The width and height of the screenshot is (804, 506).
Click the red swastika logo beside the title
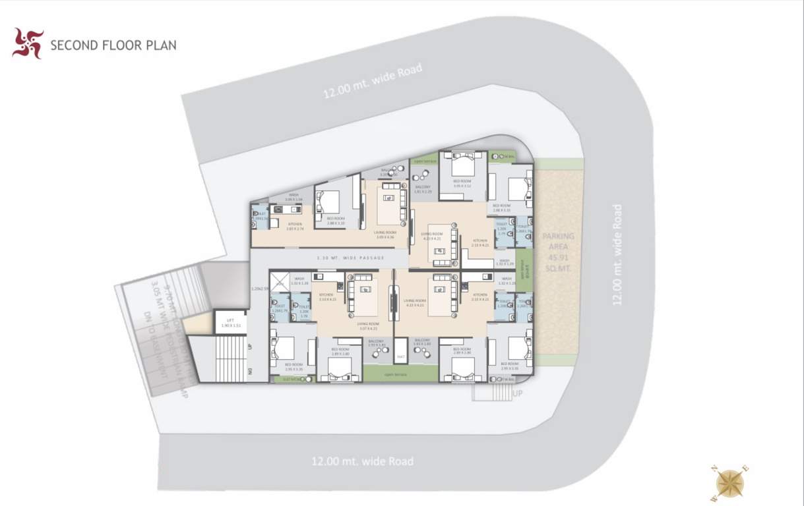28,43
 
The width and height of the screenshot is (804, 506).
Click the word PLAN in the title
161,46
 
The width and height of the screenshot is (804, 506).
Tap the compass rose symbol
730,484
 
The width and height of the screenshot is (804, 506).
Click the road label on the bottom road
363,461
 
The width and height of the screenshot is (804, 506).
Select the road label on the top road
372,81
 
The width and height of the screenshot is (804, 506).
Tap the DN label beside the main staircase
249,373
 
